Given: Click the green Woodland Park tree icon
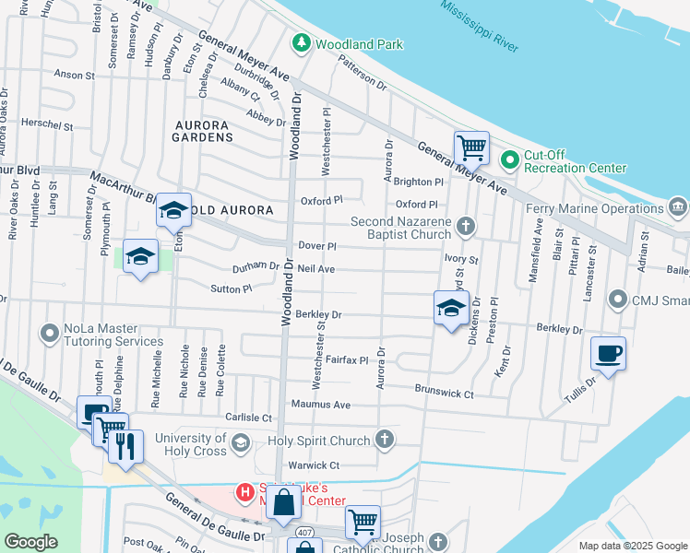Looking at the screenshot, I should [301, 43].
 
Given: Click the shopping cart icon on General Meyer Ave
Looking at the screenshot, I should [471, 147].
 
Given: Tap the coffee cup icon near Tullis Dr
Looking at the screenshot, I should [609, 354].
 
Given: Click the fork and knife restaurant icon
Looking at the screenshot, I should [125, 446].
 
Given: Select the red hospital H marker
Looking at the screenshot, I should [244, 492].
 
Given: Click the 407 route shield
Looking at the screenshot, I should [304, 532].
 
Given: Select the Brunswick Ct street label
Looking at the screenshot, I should [444, 394].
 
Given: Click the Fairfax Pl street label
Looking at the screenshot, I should [347, 360].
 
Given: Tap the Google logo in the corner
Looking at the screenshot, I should [30, 542].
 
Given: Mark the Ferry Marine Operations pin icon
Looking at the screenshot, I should [679, 205].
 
